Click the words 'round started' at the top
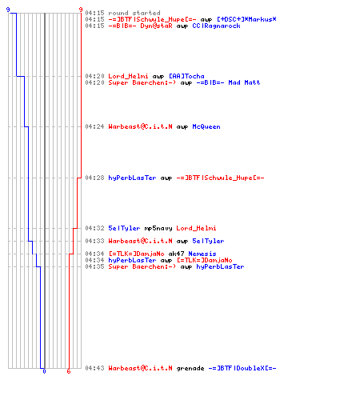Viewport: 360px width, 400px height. point(134,13)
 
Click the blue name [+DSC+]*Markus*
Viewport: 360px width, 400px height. point(246,19)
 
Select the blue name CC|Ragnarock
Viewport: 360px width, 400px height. point(216,26)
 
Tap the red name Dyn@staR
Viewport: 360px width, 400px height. point(156,26)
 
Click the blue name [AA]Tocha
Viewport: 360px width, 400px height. point(186,76)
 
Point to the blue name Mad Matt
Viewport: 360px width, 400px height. point(244,82)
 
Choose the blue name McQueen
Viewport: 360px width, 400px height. point(206,126)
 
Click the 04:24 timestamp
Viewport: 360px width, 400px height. point(94,126)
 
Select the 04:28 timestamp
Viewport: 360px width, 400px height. point(94,178)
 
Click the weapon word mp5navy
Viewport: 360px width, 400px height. point(158,228)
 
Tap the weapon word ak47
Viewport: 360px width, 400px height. point(176,254)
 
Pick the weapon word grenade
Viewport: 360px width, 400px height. point(190,368)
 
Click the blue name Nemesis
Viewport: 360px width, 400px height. point(202,254)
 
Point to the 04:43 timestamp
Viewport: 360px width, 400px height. point(94,368)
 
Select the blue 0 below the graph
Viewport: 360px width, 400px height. point(44,371)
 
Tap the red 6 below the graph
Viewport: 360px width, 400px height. point(69,371)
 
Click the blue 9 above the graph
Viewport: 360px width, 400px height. point(8,10)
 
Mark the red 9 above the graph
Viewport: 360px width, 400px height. point(81,10)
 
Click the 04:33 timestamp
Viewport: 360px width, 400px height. point(94,241)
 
